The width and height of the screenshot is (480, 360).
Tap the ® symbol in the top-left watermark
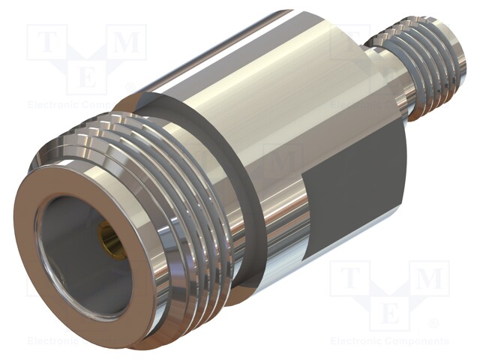[130, 87]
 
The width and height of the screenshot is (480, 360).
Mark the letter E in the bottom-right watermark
[389, 310]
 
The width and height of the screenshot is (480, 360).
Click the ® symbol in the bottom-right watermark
[433, 323]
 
